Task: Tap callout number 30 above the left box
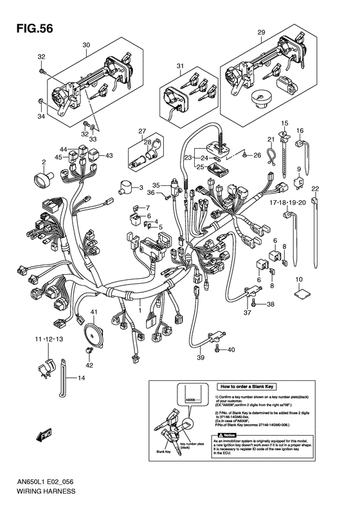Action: [85, 44]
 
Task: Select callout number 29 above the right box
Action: [261, 32]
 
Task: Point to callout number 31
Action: [181, 66]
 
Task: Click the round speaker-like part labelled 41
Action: [93, 331]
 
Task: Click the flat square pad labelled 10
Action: [299, 292]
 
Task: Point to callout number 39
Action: [200, 358]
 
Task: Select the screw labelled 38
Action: [255, 303]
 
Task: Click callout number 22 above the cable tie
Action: [315, 189]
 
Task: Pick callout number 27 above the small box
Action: [142, 131]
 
